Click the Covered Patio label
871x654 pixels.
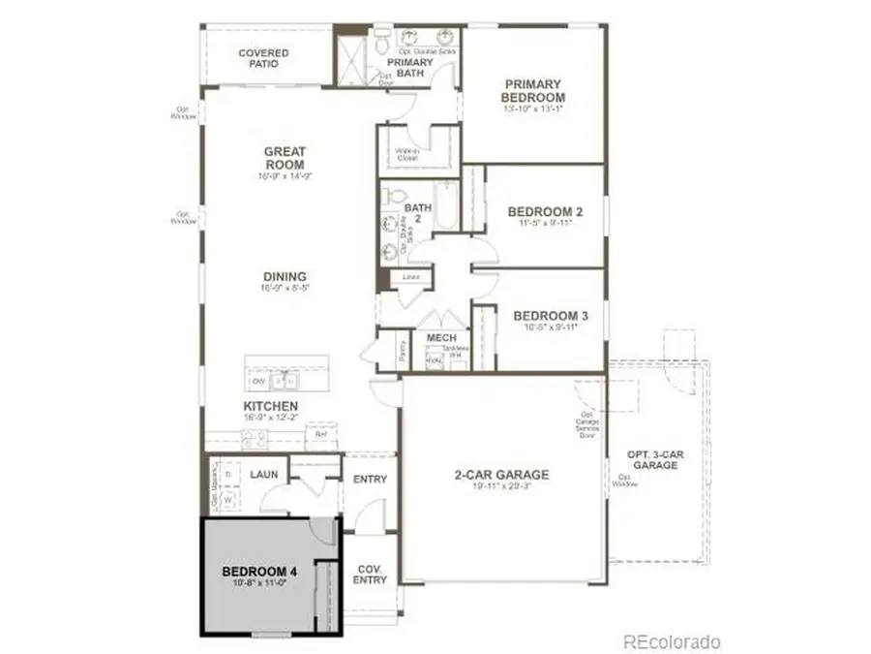tap(263, 58)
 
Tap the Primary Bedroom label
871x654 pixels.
tap(532, 91)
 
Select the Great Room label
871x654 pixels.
tap(285, 158)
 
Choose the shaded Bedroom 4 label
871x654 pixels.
tap(258, 573)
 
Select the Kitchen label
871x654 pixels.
tap(271, 406)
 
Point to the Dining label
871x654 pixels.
tap(285, 276)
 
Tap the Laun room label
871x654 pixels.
tap(264, 475)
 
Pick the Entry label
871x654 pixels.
tap(370, 480)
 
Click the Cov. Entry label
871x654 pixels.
tap(370, 574)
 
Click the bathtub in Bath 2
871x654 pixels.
tap(446, 205)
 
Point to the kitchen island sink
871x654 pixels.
tap(284, 380)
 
